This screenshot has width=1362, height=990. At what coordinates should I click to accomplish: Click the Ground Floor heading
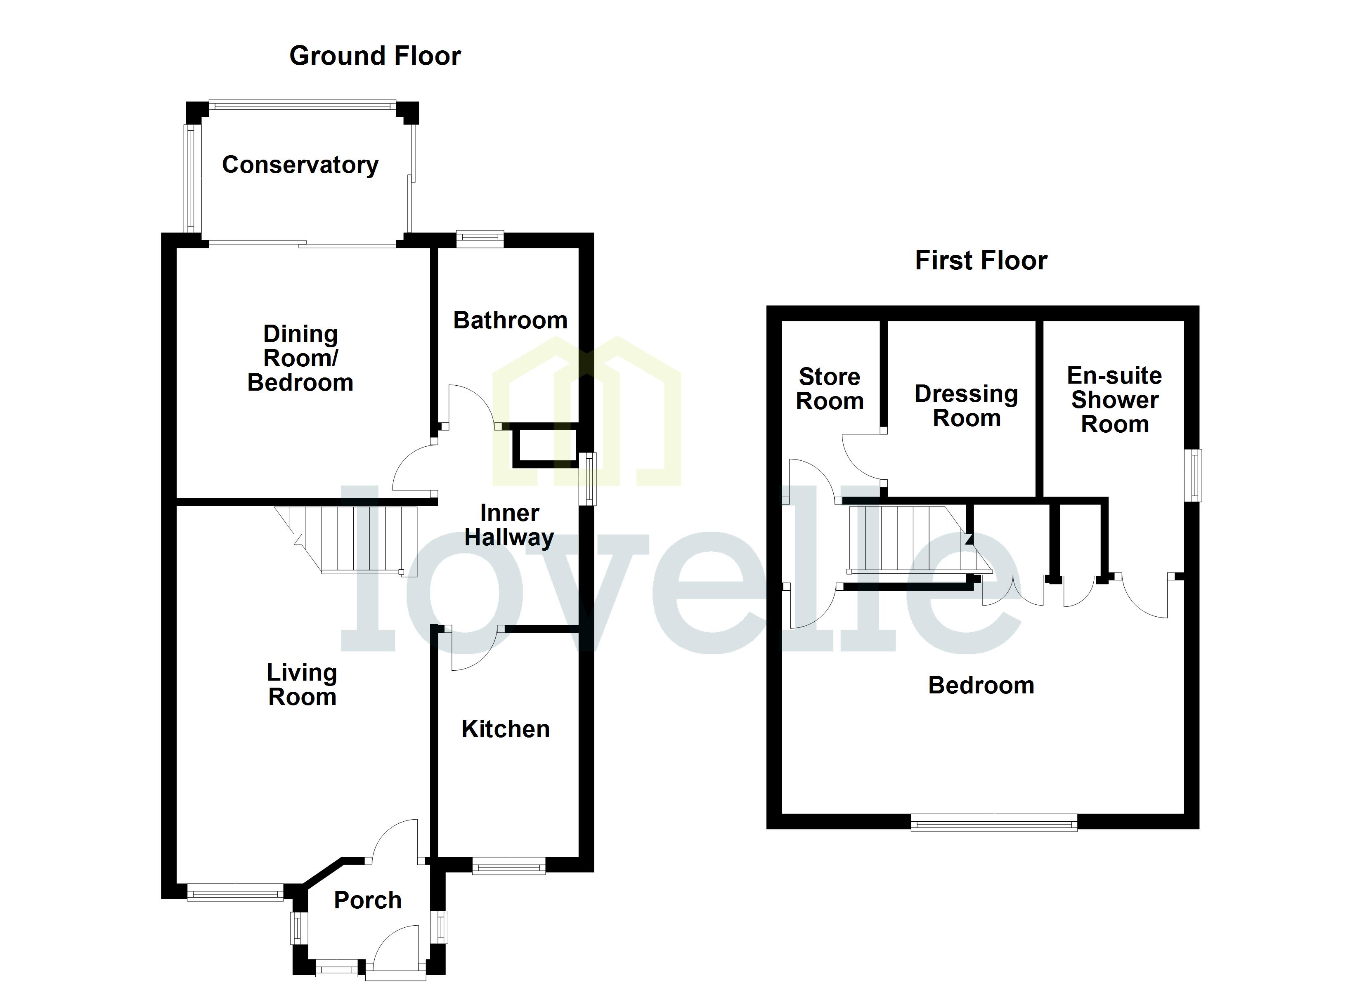375,56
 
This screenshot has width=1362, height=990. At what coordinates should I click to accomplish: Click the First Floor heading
981,261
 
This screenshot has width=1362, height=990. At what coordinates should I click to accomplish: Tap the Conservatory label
300,165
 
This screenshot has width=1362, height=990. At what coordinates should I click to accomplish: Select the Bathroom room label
510,320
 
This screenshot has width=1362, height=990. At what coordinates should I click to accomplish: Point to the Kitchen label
505,729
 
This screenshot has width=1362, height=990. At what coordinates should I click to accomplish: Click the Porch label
367,900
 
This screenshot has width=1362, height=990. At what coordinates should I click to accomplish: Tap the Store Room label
829,389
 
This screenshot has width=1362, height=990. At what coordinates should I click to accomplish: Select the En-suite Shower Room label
1115,399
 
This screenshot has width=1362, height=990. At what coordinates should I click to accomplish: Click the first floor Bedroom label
981,685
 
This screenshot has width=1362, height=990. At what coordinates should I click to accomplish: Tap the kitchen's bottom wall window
508,865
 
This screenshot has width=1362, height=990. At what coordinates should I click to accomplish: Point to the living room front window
235,892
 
